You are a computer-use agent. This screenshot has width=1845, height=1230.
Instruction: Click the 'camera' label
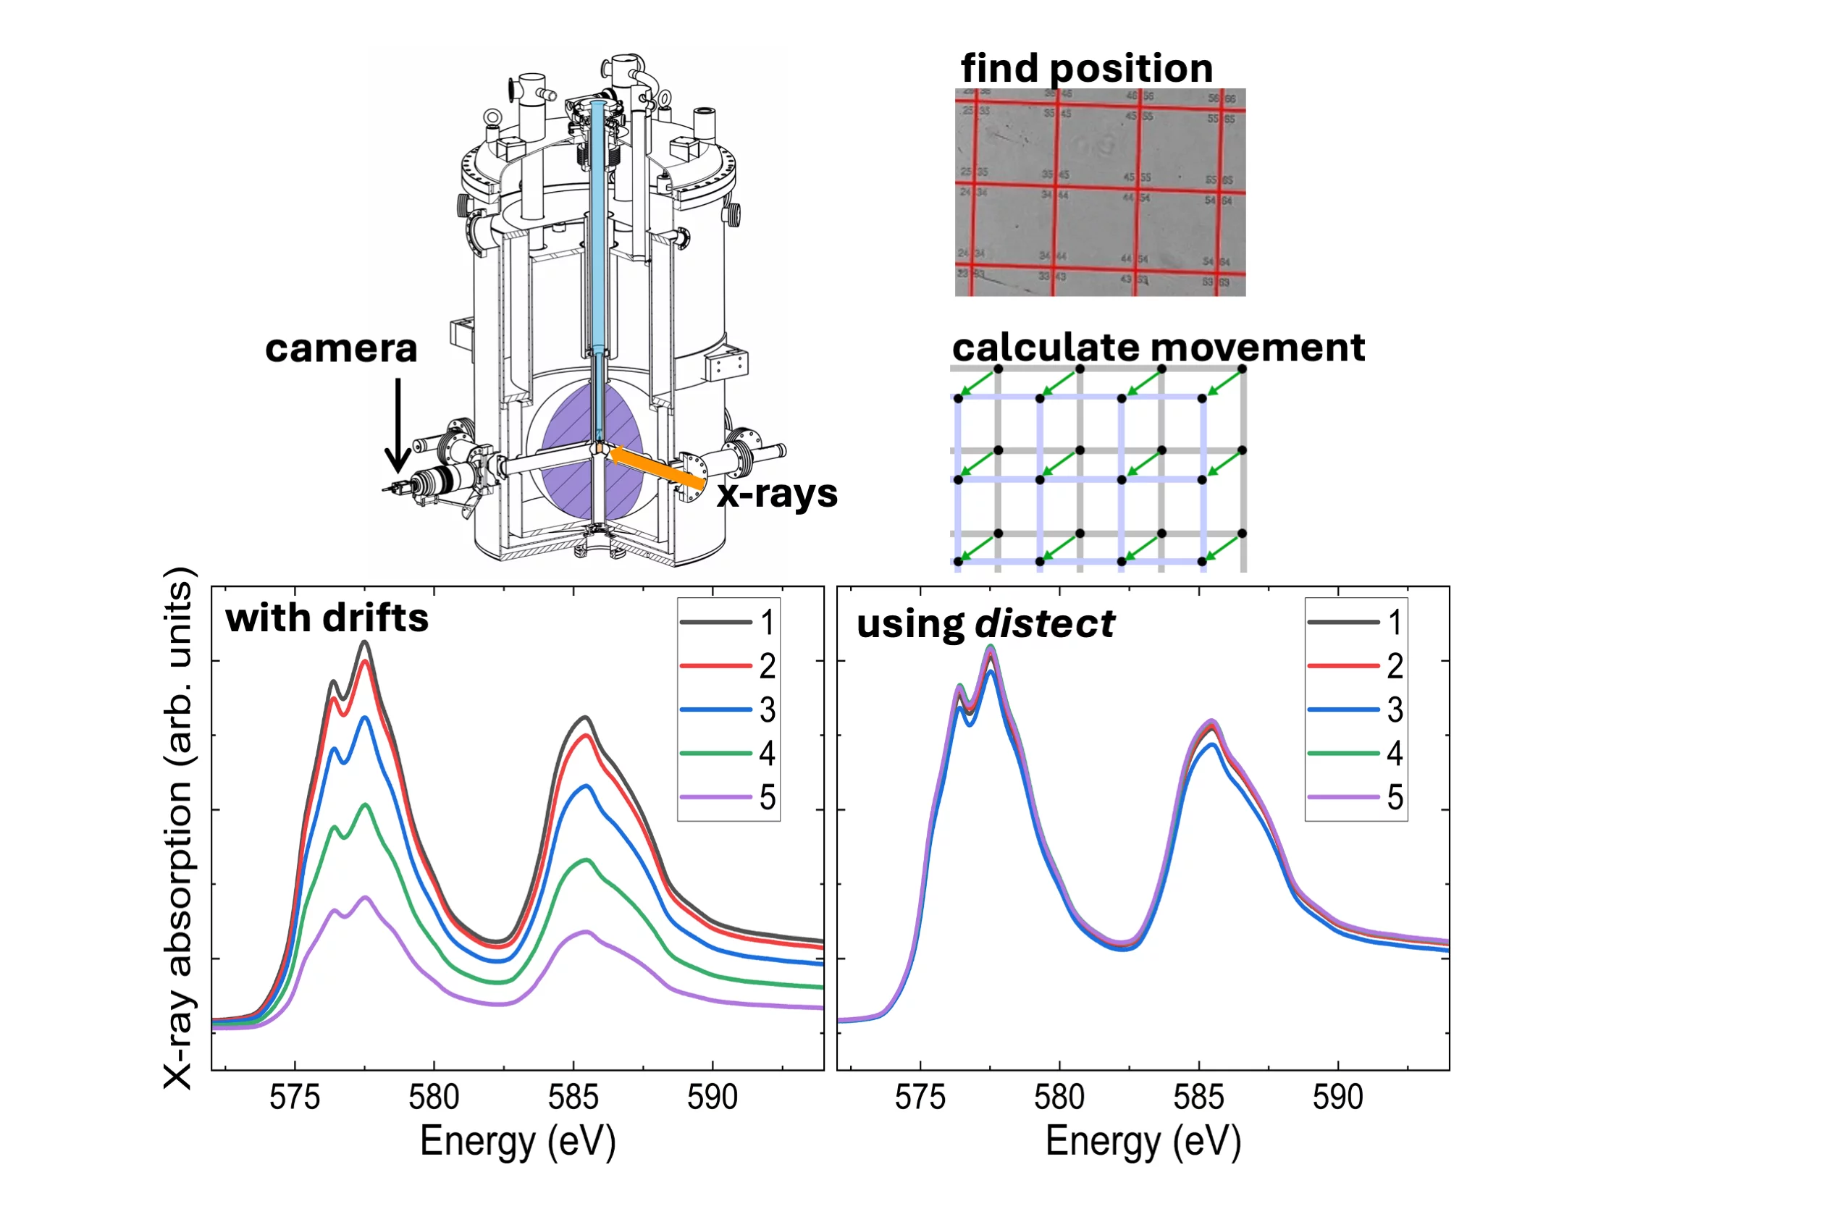click(341, 348)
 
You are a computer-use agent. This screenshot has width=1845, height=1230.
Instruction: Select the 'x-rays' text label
click(776, 494)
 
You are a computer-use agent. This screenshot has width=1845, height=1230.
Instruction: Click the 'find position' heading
click(1086, 68)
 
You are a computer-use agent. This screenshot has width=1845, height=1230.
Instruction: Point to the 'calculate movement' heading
click(1158, 347)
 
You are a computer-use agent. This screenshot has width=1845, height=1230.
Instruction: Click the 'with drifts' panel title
click(327, 618)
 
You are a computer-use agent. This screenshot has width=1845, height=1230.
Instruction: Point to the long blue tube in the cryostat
click(599, 227)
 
